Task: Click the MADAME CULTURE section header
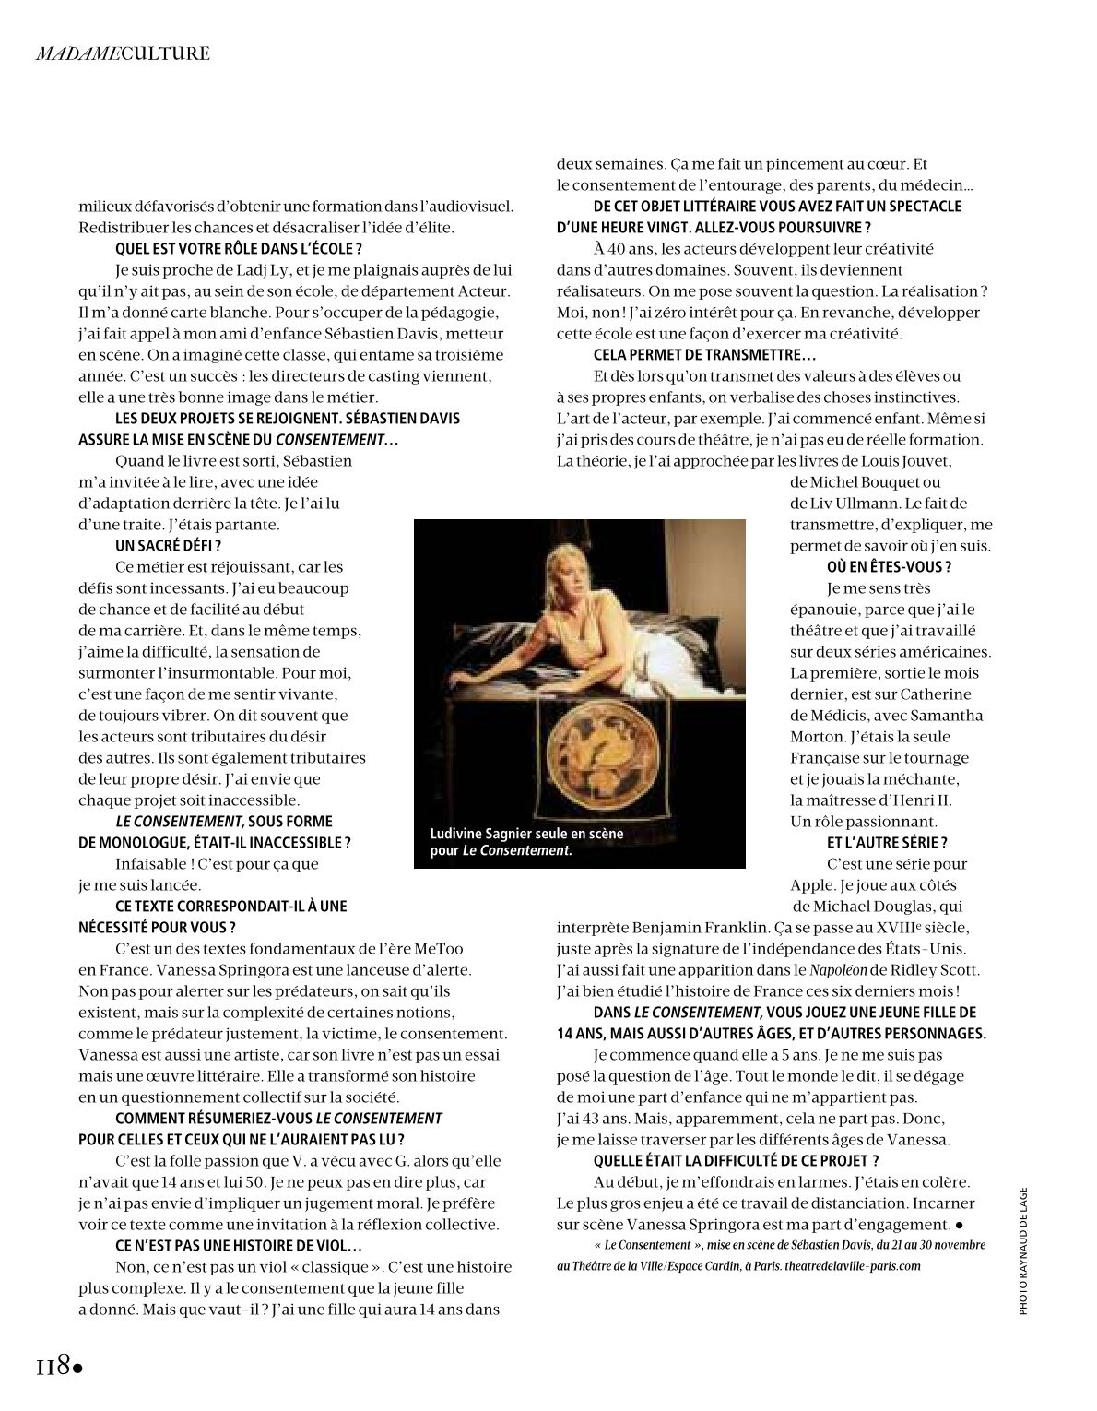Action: tap(123, 53)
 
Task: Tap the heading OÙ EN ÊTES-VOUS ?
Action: tap(889, 567)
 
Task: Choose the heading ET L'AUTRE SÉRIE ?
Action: tap(887, 843)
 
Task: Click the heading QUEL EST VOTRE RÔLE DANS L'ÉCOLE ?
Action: tap(239, 249)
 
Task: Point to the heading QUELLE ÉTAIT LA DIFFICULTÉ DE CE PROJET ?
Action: tap(736, 1161)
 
